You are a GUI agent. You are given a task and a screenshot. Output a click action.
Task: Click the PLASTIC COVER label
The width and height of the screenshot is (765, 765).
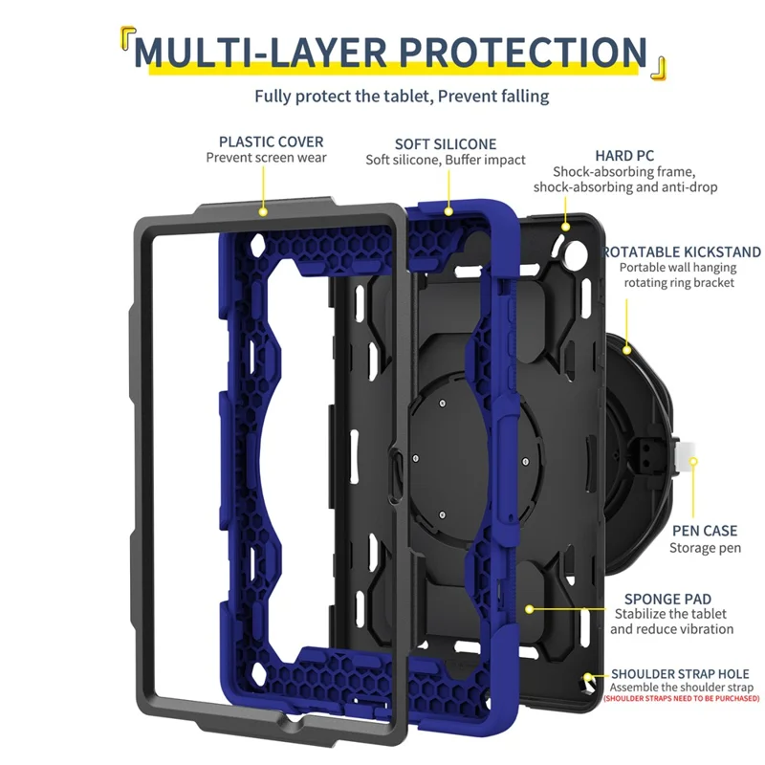[272, 142]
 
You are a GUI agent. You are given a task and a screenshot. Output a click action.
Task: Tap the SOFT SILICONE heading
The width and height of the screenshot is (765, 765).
[446, 143]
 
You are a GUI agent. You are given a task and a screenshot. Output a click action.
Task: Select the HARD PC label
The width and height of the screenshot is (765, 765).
[624, 155]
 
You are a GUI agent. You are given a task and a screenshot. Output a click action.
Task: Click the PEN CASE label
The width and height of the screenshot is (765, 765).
[705, 531]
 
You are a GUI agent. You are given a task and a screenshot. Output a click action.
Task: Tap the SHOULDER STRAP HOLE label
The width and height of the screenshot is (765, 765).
[680, 674]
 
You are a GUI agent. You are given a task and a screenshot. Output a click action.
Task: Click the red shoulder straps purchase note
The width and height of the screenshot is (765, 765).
[681, 699]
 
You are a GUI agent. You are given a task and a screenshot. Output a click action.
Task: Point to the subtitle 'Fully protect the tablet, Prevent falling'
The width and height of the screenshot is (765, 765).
[402, 96]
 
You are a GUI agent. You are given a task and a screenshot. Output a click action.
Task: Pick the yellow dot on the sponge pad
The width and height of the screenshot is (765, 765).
[529, 606]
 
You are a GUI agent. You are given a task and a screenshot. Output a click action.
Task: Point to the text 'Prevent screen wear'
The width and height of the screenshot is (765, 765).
[266, 158]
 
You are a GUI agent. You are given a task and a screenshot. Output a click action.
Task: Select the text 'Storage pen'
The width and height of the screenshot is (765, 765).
[705, 548]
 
